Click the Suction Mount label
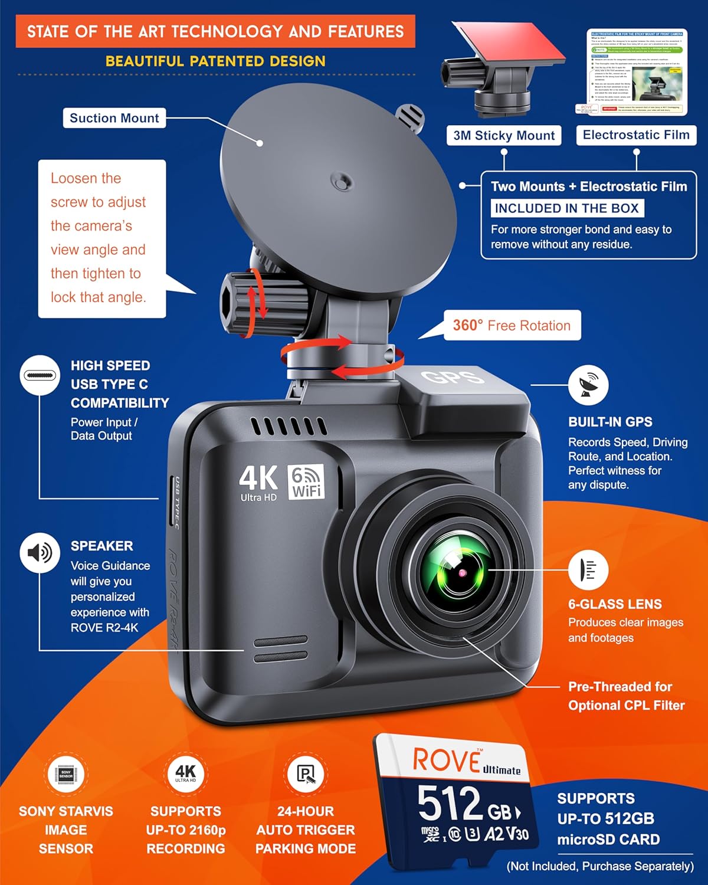point(114,118)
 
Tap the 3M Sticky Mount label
point(504,136)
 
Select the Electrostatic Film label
point(636,135)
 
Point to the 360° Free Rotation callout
point(512,326)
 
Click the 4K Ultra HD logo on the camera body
point(258,483)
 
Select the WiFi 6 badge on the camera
point(306,482)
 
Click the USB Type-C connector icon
point(40,375)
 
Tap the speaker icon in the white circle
point(40,553)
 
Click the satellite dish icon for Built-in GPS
point(588,385)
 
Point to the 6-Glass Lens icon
point(588,570)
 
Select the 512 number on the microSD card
point(450,803)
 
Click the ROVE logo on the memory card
point(447,760)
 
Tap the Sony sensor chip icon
point(65,774)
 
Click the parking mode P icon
point(306,773)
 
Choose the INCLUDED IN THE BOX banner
point(566,208)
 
